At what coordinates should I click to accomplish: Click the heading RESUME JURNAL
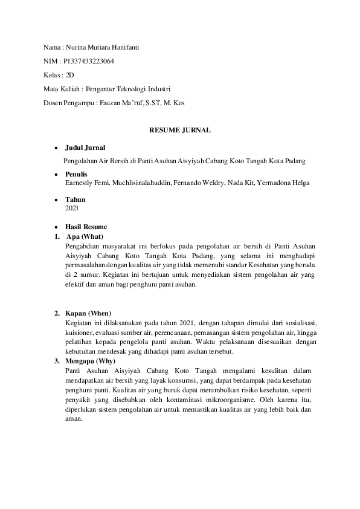point(180,130)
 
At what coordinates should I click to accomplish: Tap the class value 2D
point(69,75)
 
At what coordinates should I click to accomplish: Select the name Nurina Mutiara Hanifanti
point(101,47)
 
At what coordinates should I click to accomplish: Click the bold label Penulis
point(77,174)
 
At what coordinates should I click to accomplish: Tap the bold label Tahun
point(75,199)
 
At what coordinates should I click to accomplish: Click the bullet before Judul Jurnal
point(56,148)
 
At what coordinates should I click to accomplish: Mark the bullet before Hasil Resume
point(56,227)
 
